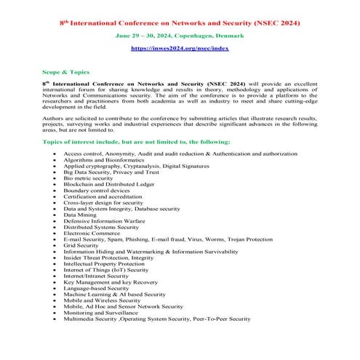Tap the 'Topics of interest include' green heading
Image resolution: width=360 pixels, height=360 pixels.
tap(145, 141)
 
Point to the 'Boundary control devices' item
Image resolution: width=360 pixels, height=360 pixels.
tap(95, 191)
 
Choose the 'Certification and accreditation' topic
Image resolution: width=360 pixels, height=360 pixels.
tap(102, 196)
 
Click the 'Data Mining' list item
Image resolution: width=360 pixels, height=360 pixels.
tap(80, 215)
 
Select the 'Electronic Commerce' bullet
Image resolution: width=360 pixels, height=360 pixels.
tap(90, 233)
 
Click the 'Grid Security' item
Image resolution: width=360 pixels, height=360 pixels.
tap(81, 245)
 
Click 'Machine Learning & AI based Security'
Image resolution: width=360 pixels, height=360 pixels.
tap(114, 294)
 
